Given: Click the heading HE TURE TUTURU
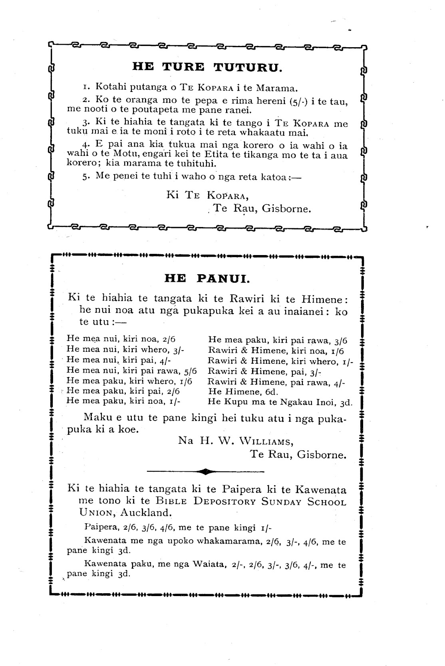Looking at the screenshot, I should pos(207,67).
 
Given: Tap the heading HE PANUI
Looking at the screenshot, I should pos(207,278).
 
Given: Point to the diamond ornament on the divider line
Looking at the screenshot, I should pos(205,472).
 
